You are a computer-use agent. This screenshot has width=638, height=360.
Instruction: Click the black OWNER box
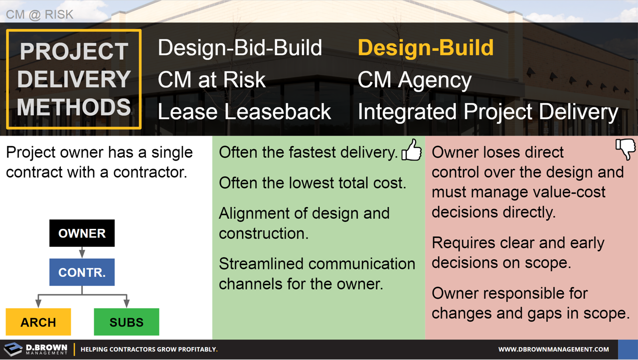82,233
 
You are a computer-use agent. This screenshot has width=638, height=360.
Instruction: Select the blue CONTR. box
82,272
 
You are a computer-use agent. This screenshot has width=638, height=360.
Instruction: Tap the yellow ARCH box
38,322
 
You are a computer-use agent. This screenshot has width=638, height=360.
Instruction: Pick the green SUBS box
127,322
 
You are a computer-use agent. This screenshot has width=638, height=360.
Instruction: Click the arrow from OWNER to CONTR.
82,252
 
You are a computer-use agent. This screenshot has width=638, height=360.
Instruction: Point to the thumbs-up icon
412,150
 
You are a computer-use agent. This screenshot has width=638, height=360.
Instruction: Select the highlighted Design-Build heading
425,48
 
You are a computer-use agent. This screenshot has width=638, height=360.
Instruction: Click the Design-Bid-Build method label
240,48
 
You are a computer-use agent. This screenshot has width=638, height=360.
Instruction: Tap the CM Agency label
414,80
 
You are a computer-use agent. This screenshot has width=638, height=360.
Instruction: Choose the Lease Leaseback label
244,112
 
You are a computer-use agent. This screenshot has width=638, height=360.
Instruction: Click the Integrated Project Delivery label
487,112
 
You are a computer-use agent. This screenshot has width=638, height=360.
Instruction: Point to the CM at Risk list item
211,80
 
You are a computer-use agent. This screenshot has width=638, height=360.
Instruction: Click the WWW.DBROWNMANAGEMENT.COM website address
553,350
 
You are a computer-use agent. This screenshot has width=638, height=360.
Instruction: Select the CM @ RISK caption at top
39,14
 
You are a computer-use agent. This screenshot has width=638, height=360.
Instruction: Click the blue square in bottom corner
628,350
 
